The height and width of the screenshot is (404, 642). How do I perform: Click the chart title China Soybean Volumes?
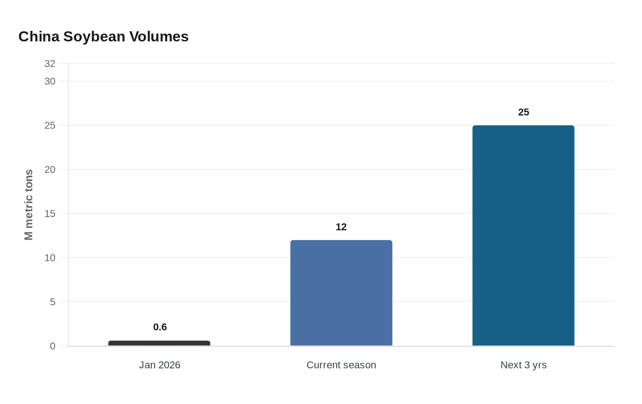103,37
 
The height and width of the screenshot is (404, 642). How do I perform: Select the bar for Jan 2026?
159,343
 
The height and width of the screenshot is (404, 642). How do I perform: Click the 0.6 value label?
160,327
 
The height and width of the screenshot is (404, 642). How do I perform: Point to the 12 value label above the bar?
341,227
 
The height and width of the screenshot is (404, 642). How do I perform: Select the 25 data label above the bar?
524,112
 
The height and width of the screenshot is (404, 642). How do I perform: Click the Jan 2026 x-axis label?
160,365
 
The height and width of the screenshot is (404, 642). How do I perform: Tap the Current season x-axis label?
341,365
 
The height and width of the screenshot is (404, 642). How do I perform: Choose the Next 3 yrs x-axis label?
523,365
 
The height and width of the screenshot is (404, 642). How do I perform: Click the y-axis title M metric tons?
29,205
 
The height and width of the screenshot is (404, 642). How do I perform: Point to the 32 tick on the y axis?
50,64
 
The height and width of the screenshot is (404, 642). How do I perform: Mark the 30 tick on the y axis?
50,81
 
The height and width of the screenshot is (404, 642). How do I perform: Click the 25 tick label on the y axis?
50,125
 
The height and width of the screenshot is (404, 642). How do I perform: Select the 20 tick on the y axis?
50,169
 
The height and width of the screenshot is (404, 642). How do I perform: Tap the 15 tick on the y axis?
50,213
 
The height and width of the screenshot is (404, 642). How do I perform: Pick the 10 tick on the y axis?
50,258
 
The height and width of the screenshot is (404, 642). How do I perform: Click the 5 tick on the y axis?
53,302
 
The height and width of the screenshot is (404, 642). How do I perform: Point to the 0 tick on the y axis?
53,346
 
